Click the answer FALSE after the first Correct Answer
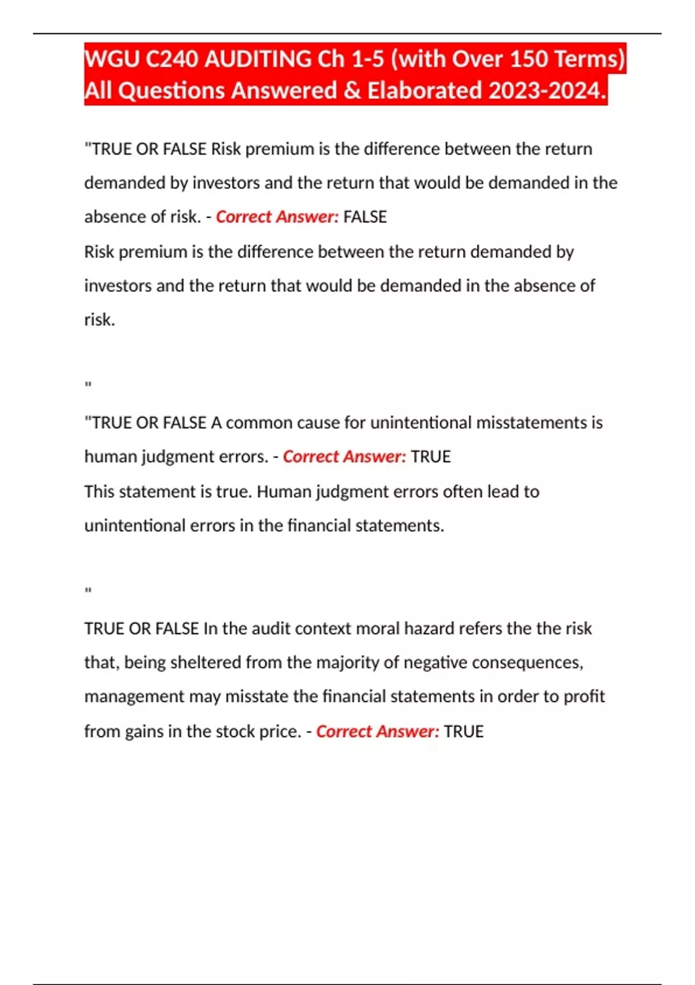click(365, 217)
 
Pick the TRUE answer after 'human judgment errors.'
click(430, 457)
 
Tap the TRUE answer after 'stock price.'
click(463, 731)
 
